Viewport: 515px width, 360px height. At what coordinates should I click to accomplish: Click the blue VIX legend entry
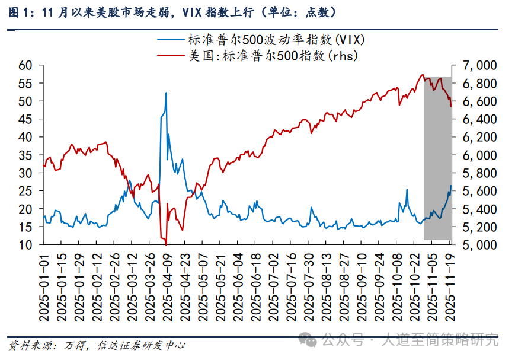[261, 40]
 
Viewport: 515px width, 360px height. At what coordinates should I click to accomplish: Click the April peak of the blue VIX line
[166, 93]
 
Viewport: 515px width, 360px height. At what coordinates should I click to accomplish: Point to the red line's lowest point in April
[167, 244]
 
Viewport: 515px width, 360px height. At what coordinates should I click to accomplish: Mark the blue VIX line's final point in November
[451, 186]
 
